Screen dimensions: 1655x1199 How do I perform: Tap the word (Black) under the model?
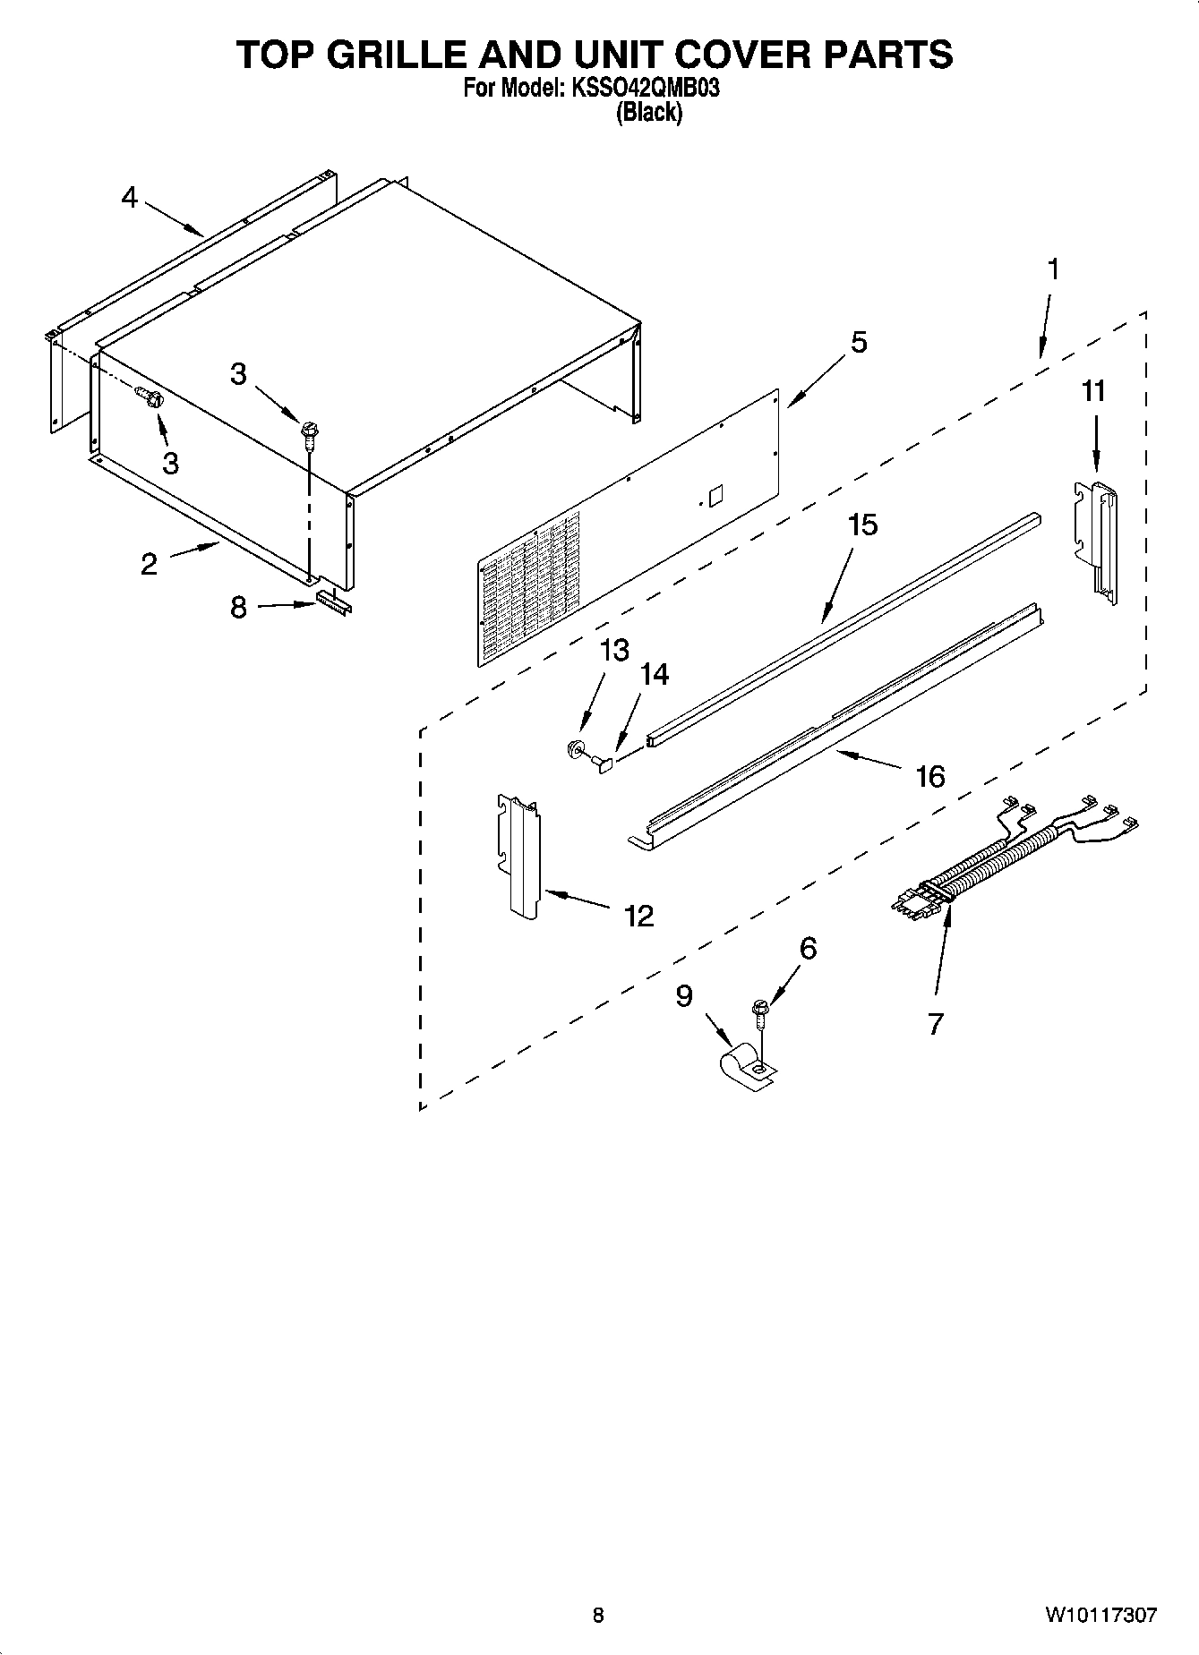tap(649, 113)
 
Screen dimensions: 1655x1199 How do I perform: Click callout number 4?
tap(130, 198)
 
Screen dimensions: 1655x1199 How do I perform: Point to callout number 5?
tap(858, 342)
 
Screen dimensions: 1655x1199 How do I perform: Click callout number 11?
tap(1093, 391)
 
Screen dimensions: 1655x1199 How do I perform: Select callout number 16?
tap(930, 775)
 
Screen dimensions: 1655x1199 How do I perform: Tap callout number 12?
tap(638, 916)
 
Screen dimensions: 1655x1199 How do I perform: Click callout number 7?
tap(936, 1023)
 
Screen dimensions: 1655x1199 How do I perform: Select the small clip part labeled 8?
tap(332, 605)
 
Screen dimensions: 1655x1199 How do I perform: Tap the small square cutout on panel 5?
tap(715, 496)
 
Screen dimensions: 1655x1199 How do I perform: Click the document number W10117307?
tap(1100, 1616)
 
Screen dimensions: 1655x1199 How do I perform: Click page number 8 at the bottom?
tap(598, 1616)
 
